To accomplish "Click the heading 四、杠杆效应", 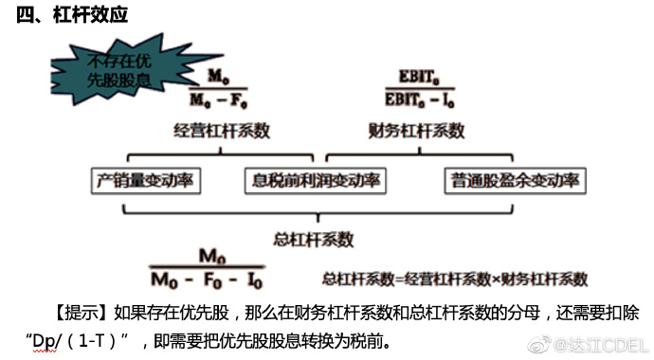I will pos(72,16).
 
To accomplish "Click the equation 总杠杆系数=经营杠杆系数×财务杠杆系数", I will pos(455,279).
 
